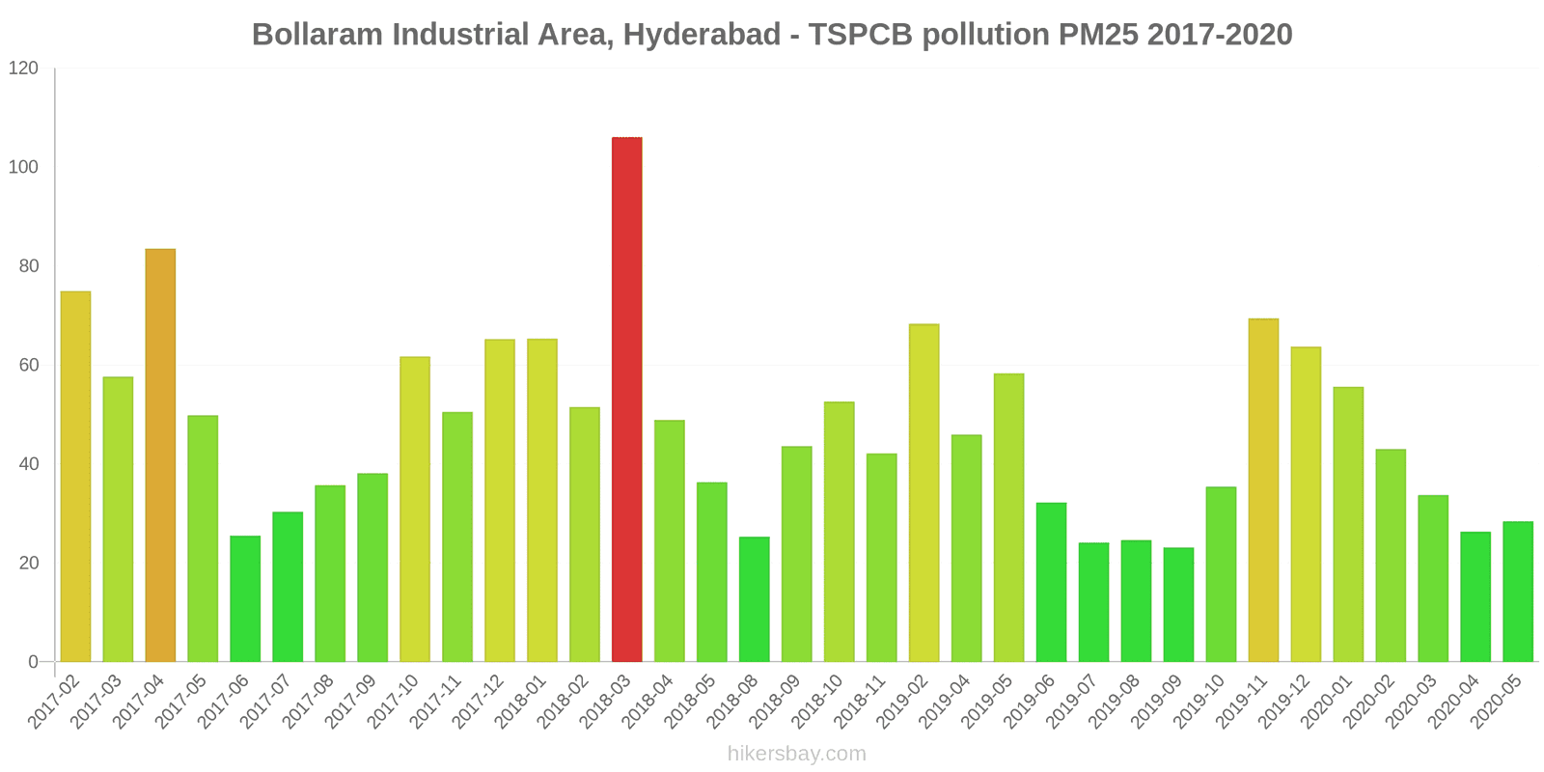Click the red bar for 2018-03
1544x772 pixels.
[x=626, y=400]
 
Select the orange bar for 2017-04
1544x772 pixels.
[x=160, y=455]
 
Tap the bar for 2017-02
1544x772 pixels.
[x=75, y=477]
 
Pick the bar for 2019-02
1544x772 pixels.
[x=924, y=493]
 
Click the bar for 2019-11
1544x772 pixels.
[x=1263, y=490]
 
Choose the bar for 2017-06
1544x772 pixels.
[x=245, y=598]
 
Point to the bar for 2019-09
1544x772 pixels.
[x=1178, y=605]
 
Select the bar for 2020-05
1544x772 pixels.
[x=1517, y=592]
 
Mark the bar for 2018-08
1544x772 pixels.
[x=754, y=599]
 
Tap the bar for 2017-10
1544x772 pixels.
[x=415, y=510]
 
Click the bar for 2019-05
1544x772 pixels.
[x=1008, y=518]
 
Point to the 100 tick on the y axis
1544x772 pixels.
[x=23, y=167]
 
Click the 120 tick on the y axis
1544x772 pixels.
[x=23, y=69]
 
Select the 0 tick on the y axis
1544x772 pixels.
[x=33, y=662]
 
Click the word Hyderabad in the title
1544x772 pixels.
[x=702, y=35]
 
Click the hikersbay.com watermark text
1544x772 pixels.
[x=797, y=754]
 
